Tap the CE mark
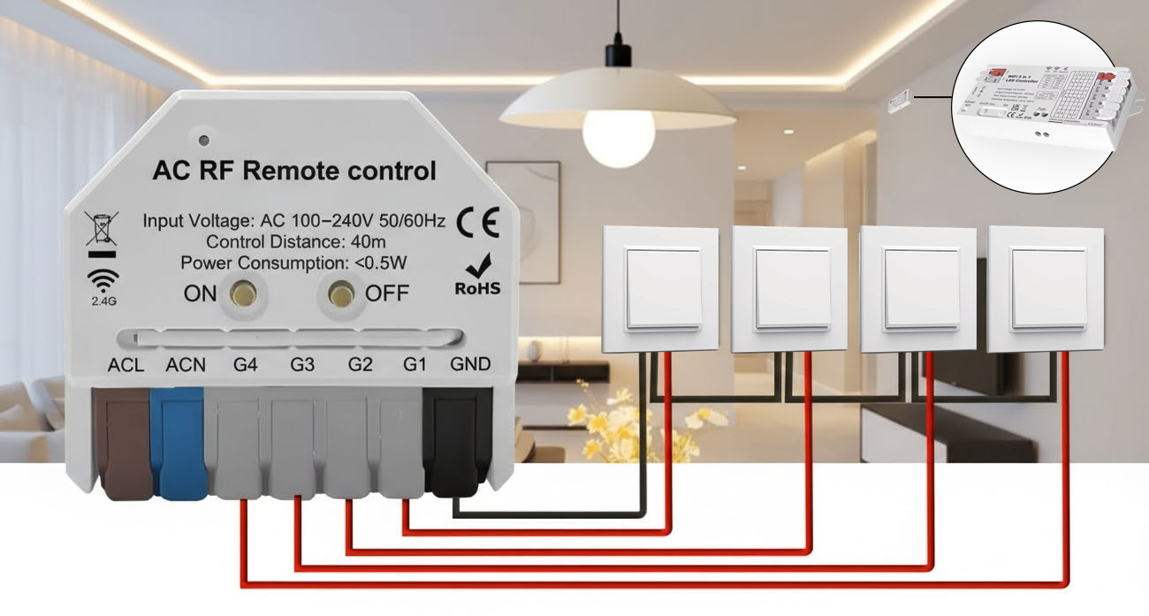[477, 223]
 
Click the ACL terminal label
[126, 364]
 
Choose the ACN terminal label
[186, 364]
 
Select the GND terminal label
[470, 364]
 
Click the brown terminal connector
[125, 442]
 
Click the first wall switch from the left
[659, 288]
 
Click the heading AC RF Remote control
[294, 171]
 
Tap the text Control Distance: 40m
[295, 241]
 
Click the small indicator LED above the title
[204, 140]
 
